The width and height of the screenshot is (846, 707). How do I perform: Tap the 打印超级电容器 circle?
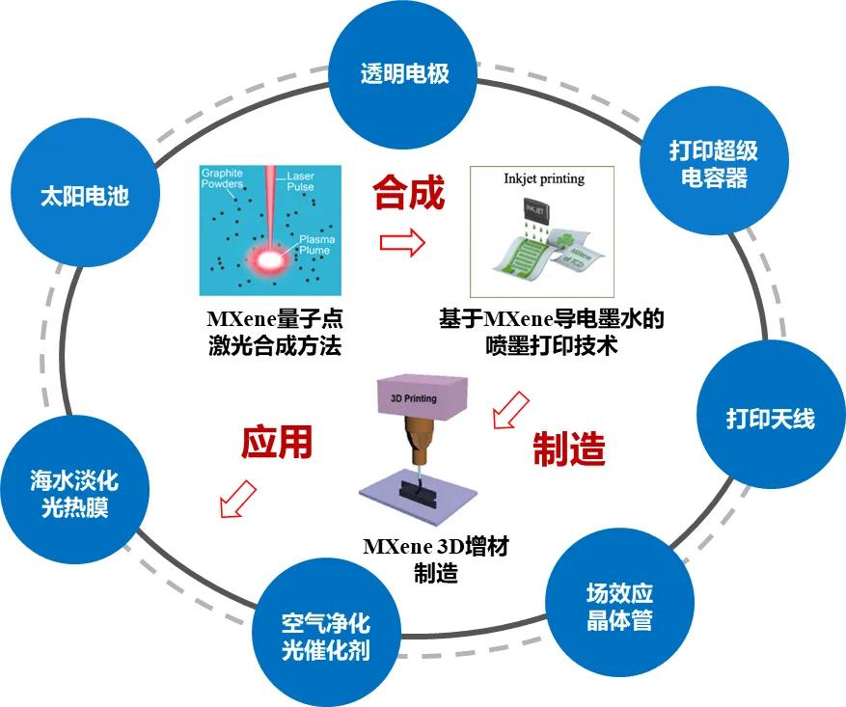click(714, 165)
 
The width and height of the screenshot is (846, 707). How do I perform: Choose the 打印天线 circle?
click(771, 418)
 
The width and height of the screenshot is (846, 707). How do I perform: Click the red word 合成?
click(410, 193)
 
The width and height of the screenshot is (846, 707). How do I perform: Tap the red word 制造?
click(569, 449)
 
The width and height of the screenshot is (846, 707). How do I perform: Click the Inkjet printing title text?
click(544, 178)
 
